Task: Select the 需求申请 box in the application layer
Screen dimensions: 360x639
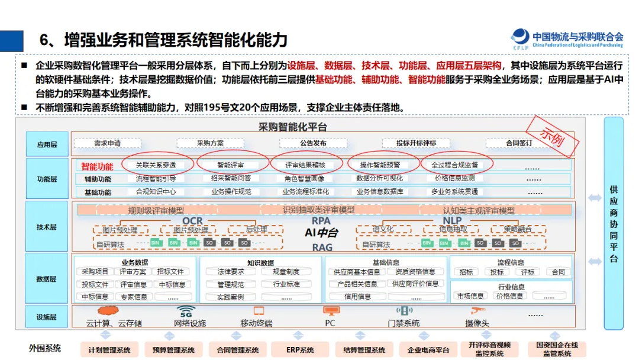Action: tap(107, 143)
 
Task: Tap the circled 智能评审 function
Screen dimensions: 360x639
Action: tap(231, 165)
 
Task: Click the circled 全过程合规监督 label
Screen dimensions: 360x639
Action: tap(454, 165)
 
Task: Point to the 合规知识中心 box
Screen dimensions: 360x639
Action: tap(156, 192)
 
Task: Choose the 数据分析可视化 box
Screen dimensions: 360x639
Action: tap(379, 178)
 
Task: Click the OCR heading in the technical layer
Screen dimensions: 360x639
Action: tap(192, 221)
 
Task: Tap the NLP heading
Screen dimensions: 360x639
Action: tap(452, 221)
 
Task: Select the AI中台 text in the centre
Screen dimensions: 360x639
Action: tap(321, 233)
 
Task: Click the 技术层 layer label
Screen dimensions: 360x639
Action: tap(47, 227)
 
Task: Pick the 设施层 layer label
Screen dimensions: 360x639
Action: tap(47, 317)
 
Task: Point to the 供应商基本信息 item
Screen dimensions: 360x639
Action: tap(357, 272)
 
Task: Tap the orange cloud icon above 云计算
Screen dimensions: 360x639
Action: tap(108, 310)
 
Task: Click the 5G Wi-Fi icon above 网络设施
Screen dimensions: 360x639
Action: tap(186, 311)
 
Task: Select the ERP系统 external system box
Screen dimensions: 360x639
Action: tap(300, 350)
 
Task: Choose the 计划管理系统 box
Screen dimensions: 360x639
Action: tap(109, 350)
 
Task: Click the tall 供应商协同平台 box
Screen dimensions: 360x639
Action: tap(614, 223)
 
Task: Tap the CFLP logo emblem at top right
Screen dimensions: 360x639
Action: tap(521, 37)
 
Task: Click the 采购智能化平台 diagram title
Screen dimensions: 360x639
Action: tap(292, 127)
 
